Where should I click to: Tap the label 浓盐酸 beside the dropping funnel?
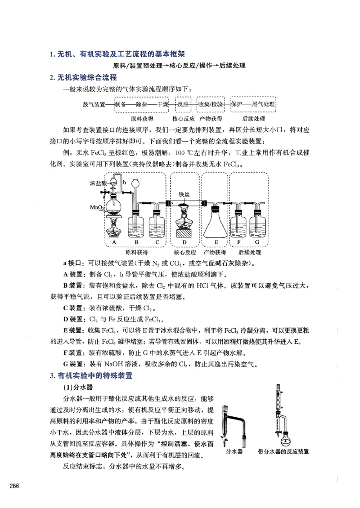pos(98,183)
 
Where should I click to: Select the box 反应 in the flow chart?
pos(183,104)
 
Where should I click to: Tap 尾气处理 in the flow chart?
pos(263,104)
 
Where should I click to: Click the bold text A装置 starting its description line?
pos(72,274)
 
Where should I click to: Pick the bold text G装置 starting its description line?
pos(72,363)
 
